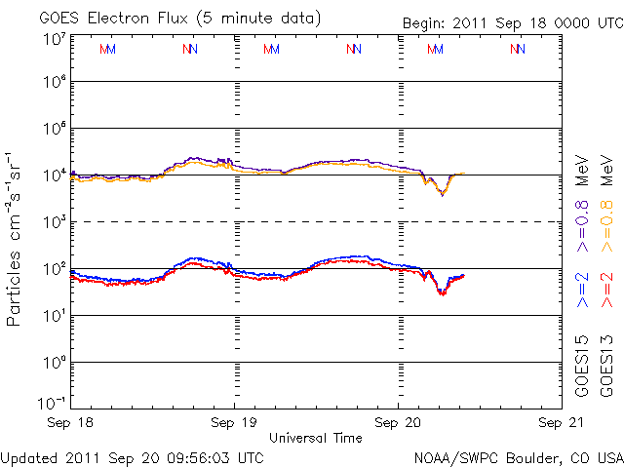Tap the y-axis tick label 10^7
pyautogui.click(x=54, y=39)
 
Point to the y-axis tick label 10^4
pyautogui.click(x=54, y=175)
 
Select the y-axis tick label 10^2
pyautogui.click(x=54, y=268)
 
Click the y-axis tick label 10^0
pyautogui.click(x=54, y=362)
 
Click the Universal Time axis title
pyautogui.click(x=315, y=439)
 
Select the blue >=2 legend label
pyautogui.click(x=582, y=291)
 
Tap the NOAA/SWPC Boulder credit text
pyautogui.click(x=517, y=456)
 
